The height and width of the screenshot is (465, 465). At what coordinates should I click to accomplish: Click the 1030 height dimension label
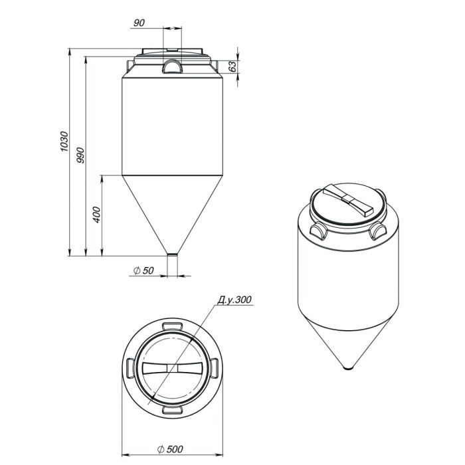(x=64, y=141)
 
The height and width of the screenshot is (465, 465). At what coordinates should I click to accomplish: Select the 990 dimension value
(x=80, y=155)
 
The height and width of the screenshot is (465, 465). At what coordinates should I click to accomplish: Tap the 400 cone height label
(x=97, y=215)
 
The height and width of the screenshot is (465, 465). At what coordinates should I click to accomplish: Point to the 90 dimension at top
(x=139, y=23)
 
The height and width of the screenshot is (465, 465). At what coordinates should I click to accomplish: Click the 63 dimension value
(x=233, y=66)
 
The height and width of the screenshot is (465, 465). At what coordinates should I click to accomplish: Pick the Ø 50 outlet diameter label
(x=144, y=270)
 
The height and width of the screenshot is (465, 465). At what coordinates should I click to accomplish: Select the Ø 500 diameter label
(x=170, y=449)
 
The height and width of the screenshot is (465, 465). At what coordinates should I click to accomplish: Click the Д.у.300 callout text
(x=234, y=300)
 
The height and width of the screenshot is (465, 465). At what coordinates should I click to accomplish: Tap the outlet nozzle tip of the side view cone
(x=172, y=254)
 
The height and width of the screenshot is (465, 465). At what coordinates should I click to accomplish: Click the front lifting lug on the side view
(x=171, y=66)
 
